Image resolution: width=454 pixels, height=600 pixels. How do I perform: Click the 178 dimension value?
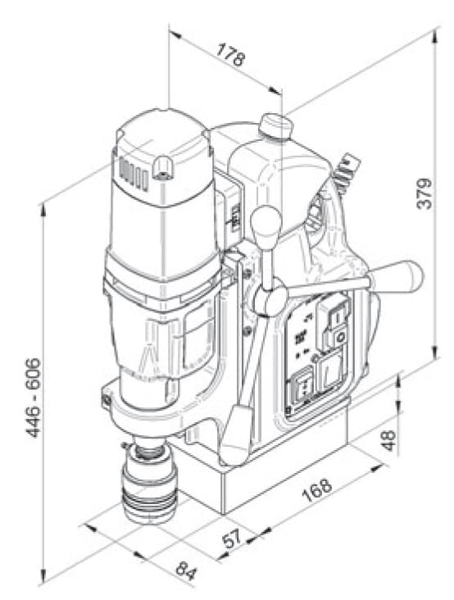click(x=230, y=55)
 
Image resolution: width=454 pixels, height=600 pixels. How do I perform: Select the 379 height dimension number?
click(x=424, y=193)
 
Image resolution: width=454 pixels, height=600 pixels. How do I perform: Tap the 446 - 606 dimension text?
click(x=34, y=398)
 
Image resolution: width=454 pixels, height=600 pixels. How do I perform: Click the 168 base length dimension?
click(x=316, y=490)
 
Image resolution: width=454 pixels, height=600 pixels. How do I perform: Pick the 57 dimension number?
click(x=232, y=539)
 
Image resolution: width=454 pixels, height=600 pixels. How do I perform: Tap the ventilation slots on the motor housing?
click(x=134, y=173)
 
